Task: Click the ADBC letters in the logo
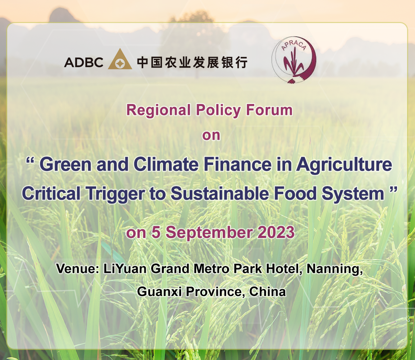pos(84,63)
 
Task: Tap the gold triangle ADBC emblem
pos(120,59)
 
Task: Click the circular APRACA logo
pos(294,60)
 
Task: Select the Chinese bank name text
pos(192,63)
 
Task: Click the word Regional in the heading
pos(158,110)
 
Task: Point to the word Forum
pos(269,110)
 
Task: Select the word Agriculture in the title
pos(344,165)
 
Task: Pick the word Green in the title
pos(66,165)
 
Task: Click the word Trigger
pos(115,194)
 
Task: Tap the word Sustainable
pos(220,193)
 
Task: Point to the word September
pos(209,233)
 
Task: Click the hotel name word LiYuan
pos(125,269)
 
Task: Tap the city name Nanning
pos(334,269)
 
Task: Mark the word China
pos(267,292)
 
